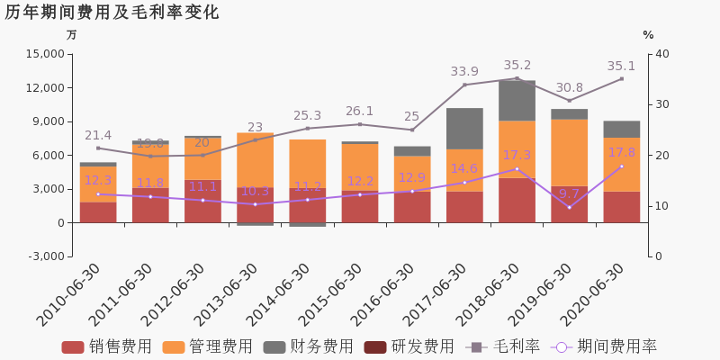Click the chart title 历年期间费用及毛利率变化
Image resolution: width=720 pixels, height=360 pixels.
112,13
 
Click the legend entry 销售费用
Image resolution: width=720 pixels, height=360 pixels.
107,346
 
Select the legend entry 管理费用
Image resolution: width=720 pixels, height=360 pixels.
208,346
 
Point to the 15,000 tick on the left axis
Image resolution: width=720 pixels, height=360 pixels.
46,54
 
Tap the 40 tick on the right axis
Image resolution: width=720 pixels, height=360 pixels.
662,54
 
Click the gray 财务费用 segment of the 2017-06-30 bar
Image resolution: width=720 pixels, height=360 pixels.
464,129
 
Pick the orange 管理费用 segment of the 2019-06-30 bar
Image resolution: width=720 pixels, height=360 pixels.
569,152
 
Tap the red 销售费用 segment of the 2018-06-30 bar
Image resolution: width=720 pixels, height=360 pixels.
517,200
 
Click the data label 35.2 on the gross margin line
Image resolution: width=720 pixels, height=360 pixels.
517,65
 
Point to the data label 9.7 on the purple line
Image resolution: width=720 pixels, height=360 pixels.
569,193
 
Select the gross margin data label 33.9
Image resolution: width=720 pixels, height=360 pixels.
464,71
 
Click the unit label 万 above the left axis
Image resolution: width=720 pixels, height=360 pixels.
71,35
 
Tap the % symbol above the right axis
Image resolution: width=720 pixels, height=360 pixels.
648,35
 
